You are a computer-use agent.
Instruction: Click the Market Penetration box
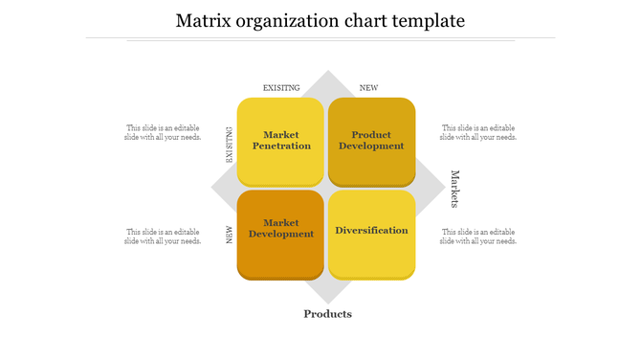(x=281, y=141)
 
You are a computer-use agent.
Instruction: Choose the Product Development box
(x=371, y=141)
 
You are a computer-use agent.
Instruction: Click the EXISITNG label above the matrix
(x=281, y=88)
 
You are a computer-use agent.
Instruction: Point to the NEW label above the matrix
(x=368, y=88)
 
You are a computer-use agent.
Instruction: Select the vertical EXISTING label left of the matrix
(x=230, y=145)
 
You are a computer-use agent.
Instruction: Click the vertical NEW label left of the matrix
(x=230, y=235)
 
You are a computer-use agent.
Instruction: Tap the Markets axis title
(x=455, y=189)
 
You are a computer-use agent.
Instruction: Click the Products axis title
(x=327, y=314)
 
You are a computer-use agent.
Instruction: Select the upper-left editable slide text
(x=163, y=132)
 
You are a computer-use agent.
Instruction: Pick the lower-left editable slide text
(x=163, y=236)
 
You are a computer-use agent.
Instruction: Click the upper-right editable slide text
(x=478, y=132)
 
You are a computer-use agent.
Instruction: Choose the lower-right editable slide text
(x=478, y=236)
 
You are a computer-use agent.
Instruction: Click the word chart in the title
(x=365, y=20)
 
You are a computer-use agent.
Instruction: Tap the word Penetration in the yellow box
(x=281, y=146)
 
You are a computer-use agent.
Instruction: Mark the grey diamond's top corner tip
(x=327, y=71)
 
